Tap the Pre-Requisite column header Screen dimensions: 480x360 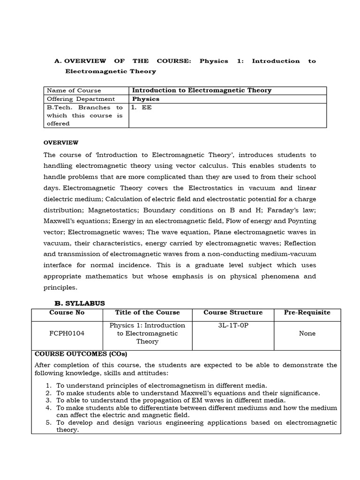(307, 313)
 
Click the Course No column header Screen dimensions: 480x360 (67, 313)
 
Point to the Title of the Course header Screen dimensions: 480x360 (147, 313)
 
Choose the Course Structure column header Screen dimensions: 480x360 (233, 313)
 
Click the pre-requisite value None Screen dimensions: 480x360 (307, 333)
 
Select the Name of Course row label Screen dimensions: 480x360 (74, 90)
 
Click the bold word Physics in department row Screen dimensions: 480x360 (146, 99)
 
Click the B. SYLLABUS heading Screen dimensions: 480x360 (80, 303)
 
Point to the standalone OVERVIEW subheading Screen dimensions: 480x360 (61, 142)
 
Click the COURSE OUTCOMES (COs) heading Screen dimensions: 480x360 (81, 354)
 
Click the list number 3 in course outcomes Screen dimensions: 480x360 (49, 400)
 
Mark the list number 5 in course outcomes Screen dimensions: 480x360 (49, 423)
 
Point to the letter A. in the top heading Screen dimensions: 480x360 (58, 61)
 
